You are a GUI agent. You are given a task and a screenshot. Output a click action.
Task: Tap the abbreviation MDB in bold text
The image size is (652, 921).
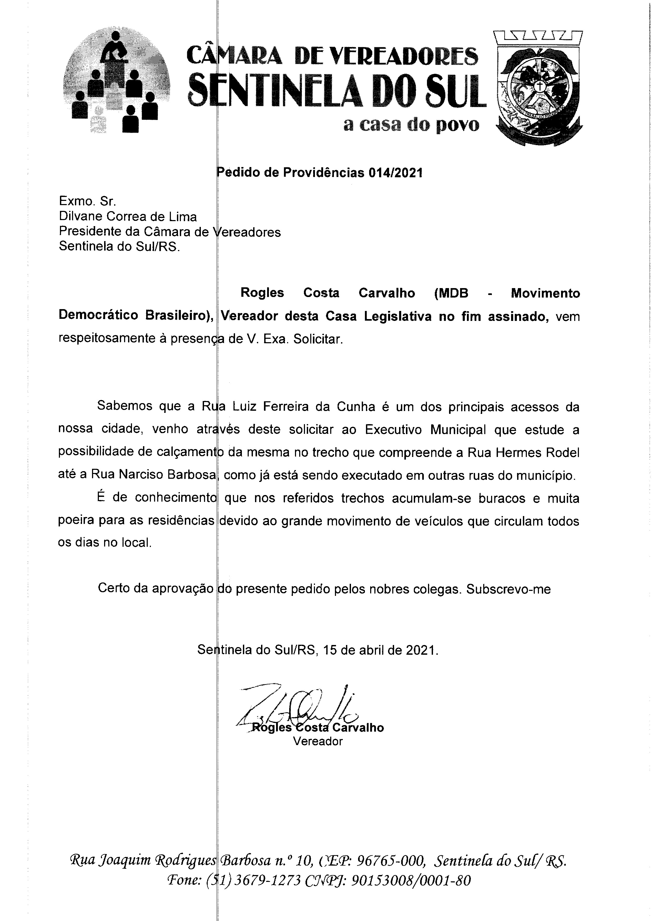[x=451, y=293]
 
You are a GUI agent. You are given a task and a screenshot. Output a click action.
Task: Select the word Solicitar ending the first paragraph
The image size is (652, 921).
[x=318, y=339]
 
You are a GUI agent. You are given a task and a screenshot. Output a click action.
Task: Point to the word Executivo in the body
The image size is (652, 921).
[x=395, y=430]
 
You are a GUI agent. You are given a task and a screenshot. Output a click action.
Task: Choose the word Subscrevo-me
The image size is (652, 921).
[x=509, y=589]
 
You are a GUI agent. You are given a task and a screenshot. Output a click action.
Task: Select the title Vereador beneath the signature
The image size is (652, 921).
[x=318, y=741]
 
